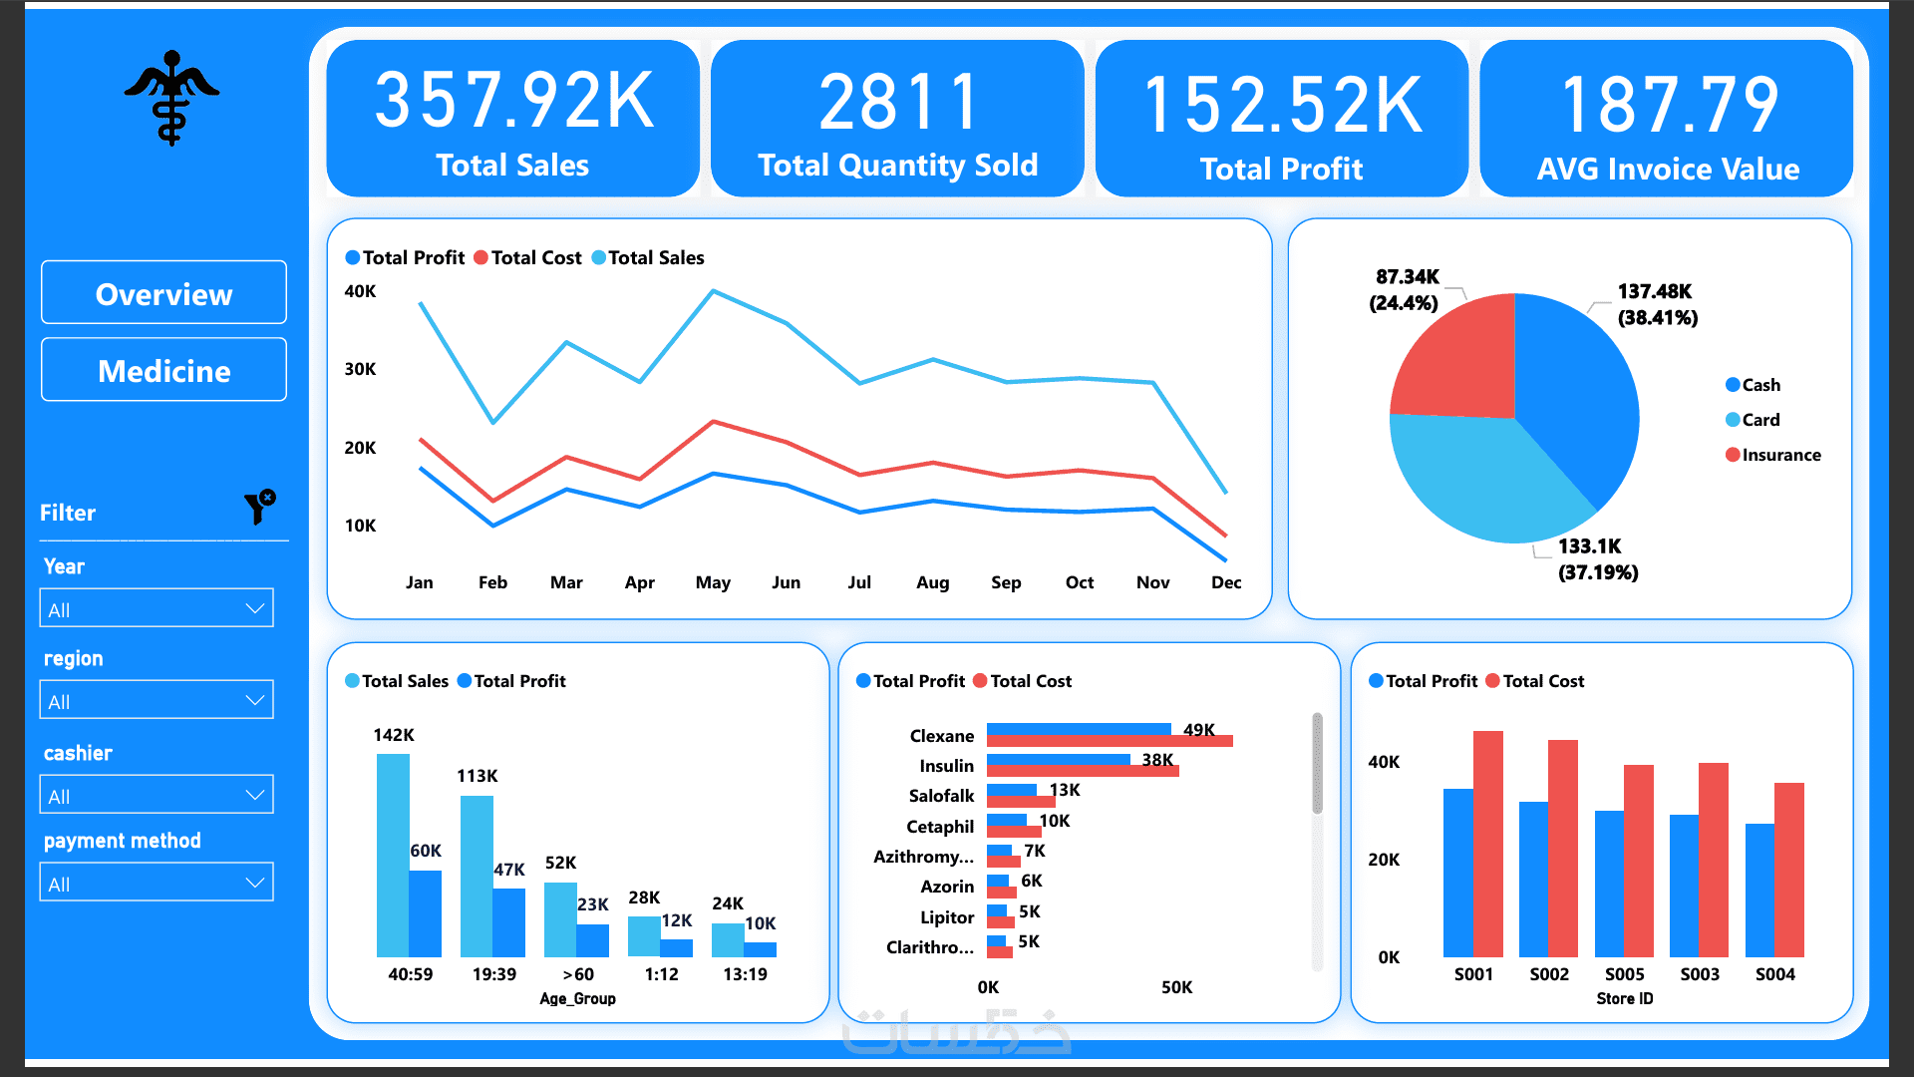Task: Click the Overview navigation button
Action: coord(163,293)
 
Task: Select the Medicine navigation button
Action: coord(163,370)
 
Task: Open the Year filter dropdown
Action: coord(157,608)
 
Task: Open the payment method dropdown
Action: coord(157,883)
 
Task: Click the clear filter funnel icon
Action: coord(260,507)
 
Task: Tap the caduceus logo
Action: coord(171,98)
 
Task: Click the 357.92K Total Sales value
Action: coord(513,102)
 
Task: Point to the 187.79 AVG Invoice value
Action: coord(1669,105)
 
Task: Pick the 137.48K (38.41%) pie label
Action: coord(1658,304)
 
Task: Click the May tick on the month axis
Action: coord(713,582)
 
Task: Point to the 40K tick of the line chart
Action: coord(360,291)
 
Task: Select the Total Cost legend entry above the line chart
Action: coord(528,257)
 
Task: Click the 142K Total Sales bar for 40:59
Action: coord(393,856)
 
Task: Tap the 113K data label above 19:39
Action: coord(478,776)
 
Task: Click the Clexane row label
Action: coord(942,736)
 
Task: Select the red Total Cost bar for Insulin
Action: coord(1083,771)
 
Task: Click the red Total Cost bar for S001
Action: coord(1488,844)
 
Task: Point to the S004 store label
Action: coord(1775,974)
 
